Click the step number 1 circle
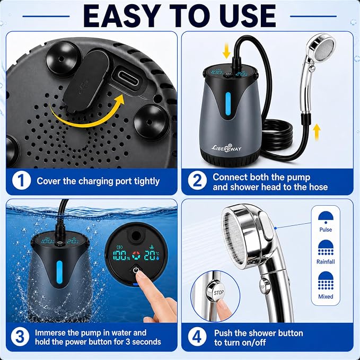coord(21,181)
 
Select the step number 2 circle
coord(197,181)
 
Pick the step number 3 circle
coord(20,337)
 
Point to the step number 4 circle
coord(197,337)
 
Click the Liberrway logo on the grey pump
coord(226,147)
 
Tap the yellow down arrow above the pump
coord(226,52)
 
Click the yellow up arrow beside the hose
coord(317,132)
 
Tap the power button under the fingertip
coord(136,270)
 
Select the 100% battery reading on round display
coord(121,256)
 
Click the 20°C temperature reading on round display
coord(152,256)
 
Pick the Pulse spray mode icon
coord(326,218)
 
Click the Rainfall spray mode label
coord(326,261)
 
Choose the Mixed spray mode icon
coord(326,280)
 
